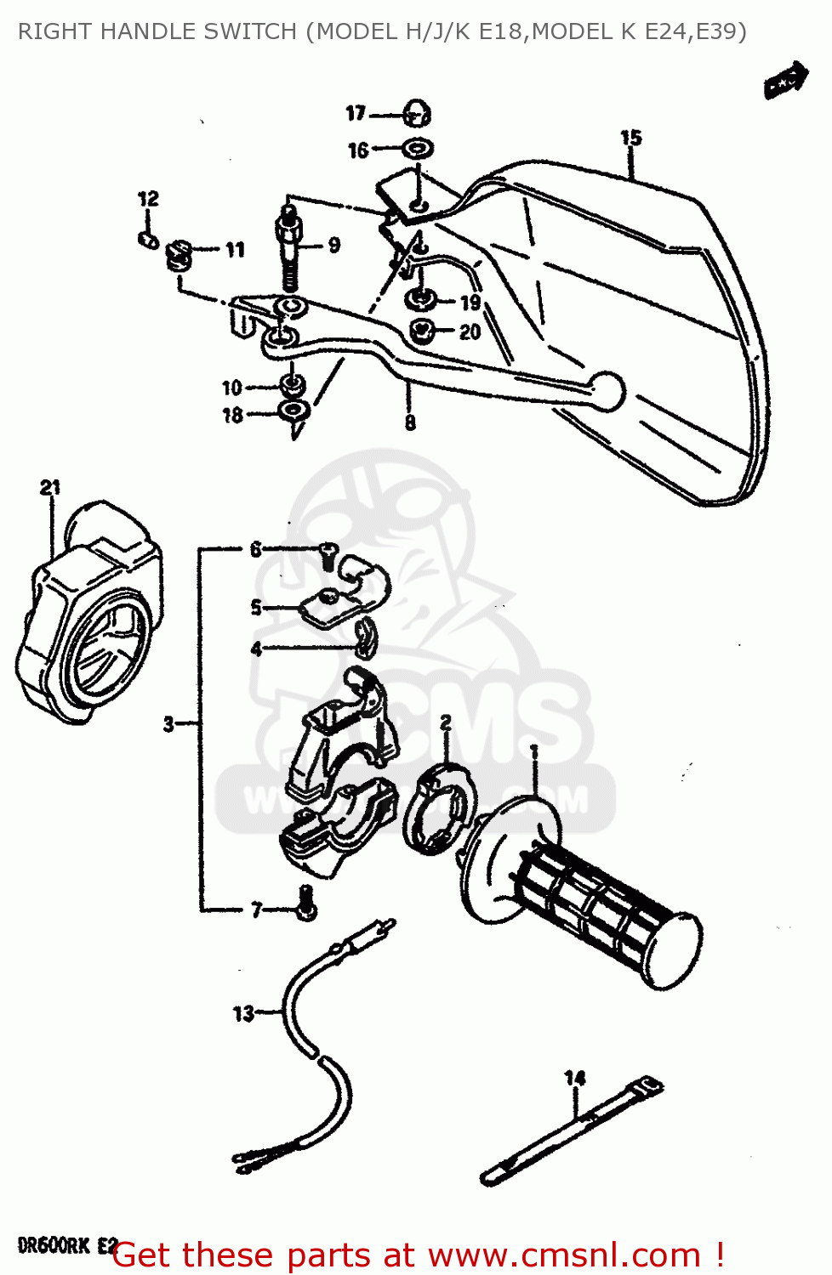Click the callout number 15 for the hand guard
point(630,138)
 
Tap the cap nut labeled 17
point(417,112)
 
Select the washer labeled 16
point(417,149)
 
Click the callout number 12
point(148,199)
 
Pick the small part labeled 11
point(180,252)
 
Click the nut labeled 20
point(423,331)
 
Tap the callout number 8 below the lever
point(410,422)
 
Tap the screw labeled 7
point(306,904)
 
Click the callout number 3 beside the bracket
point(168,724)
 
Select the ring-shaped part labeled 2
point(439,807)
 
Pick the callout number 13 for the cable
point(243,1013)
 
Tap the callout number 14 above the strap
point(575,1078)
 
